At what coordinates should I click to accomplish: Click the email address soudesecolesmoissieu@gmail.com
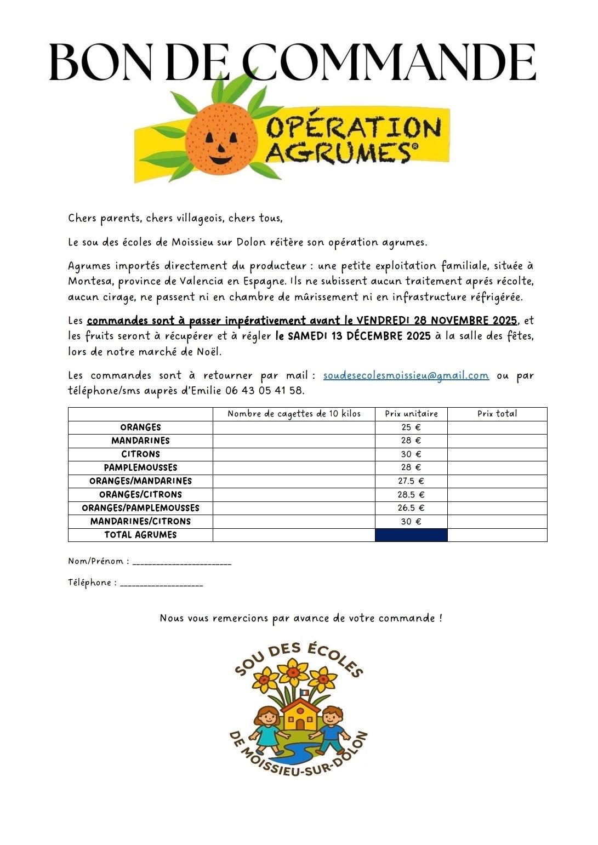point(406,376)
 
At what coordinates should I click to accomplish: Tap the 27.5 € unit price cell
point(411,481)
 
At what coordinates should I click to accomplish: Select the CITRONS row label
point(140,454)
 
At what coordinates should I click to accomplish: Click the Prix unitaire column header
point(411,414)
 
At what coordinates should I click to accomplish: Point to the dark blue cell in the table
point(411,535)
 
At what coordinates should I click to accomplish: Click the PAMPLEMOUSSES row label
point(140,467)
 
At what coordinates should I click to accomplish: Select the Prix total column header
point(497,414)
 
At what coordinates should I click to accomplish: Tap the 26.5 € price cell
point(411,508)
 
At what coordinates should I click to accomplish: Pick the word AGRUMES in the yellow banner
point(338,152)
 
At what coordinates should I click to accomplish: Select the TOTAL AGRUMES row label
point(140,535)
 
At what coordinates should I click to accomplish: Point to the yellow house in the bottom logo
point(300,714)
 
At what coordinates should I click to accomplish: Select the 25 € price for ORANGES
point(411,427)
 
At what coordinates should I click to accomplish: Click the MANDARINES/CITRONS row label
point(140,521)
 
